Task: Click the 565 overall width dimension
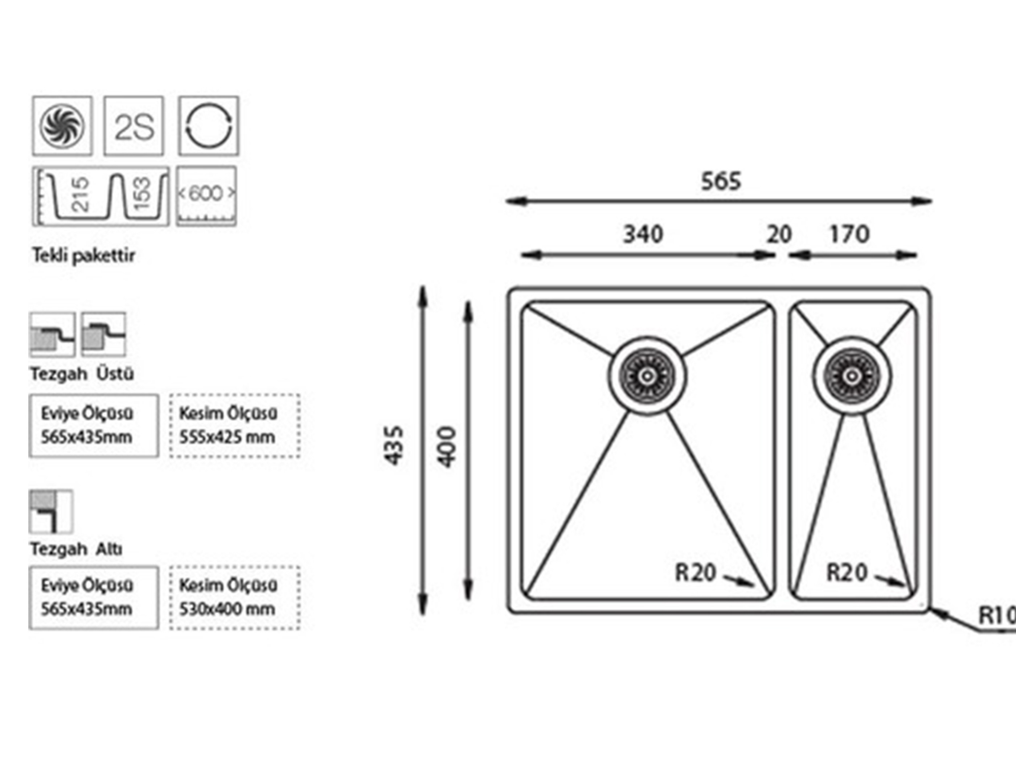721,181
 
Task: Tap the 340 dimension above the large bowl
643,234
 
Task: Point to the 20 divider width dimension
779,234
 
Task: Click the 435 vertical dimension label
394,446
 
